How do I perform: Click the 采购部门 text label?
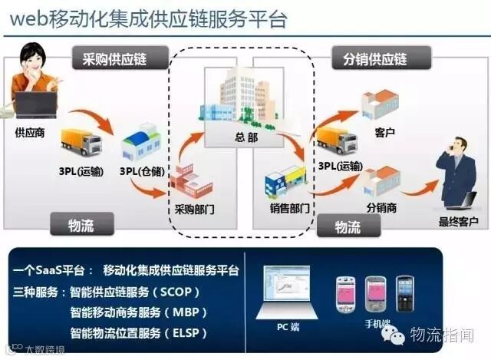195,208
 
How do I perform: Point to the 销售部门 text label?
289,208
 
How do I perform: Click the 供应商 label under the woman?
30,133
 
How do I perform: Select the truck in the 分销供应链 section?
335,140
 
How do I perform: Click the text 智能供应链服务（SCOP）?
135,292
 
